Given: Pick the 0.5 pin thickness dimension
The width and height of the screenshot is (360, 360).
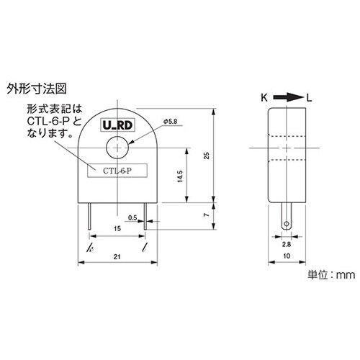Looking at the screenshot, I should (x=132, y=217).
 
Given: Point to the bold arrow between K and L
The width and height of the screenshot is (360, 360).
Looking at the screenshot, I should (x=287, y=95).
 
